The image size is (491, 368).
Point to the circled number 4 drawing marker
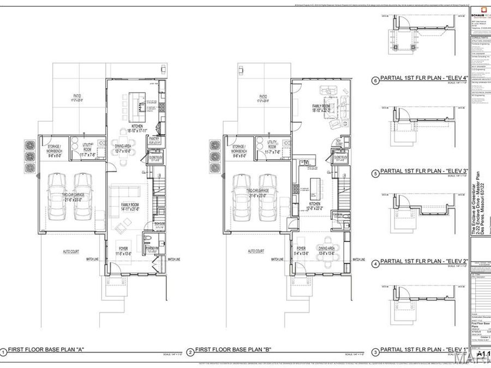(x=375, y=263)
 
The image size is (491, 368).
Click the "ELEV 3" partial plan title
(x=424, y=171)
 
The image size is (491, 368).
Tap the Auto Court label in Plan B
(x=256, y=251)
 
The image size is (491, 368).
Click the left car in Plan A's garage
(x=57, y=197)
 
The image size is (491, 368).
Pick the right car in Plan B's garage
(x=268, y=197)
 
